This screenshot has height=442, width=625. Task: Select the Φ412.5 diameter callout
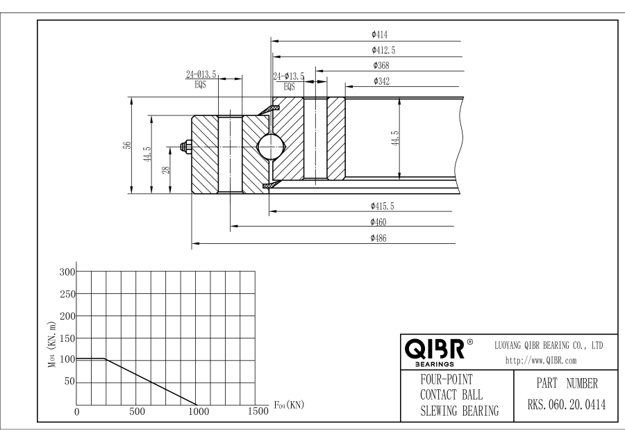(384, 50)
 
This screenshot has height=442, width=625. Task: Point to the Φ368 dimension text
(381, 65)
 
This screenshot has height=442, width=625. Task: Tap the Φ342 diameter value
(381, 81)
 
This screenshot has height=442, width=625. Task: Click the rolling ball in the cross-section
(269, 147)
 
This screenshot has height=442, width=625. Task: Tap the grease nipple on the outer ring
(186, 147)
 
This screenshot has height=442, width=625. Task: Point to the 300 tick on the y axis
(65, 272)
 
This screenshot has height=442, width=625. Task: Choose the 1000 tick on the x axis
(199, 411)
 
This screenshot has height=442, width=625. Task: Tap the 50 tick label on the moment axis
(67, 382)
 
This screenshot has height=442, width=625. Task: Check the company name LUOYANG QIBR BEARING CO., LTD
(548, 345)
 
